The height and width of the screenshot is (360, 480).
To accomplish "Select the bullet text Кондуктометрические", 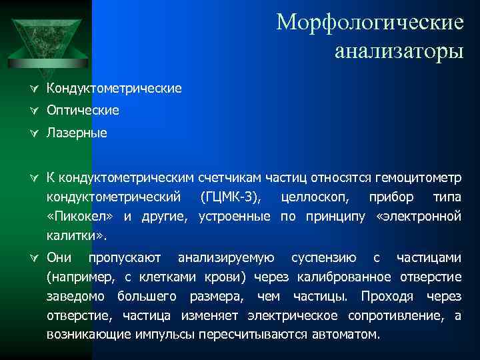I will (x=114, y=88).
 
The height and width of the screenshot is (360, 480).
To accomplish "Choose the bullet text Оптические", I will (x=83, y=110).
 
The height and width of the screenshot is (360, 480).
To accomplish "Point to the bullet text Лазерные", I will (x=77, y=133).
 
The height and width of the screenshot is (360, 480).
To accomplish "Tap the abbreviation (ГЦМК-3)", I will (x=231, y=198).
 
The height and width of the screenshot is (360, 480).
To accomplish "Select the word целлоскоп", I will (x=311, y=198).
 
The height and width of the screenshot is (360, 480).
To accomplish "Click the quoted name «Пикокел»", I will (x=80, y=217).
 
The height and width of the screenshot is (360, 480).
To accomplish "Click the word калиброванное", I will (x=345, y=277).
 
